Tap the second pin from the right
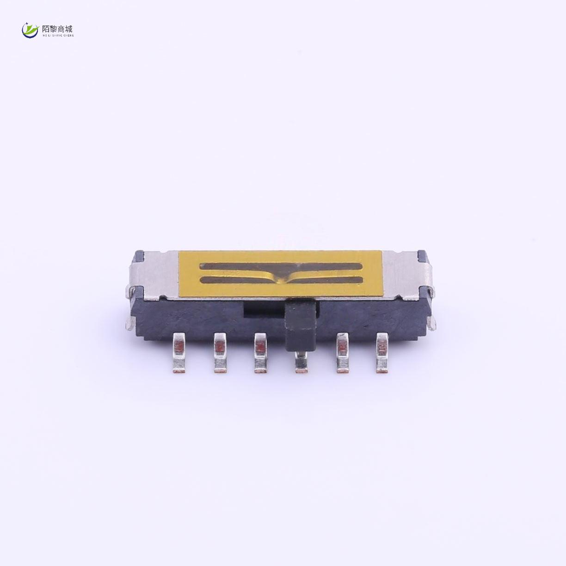(342, 353)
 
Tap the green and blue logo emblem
(31, 30)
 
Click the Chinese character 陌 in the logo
(46, 29)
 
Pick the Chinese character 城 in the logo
(68, 29)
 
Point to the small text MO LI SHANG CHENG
(58, 35)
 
